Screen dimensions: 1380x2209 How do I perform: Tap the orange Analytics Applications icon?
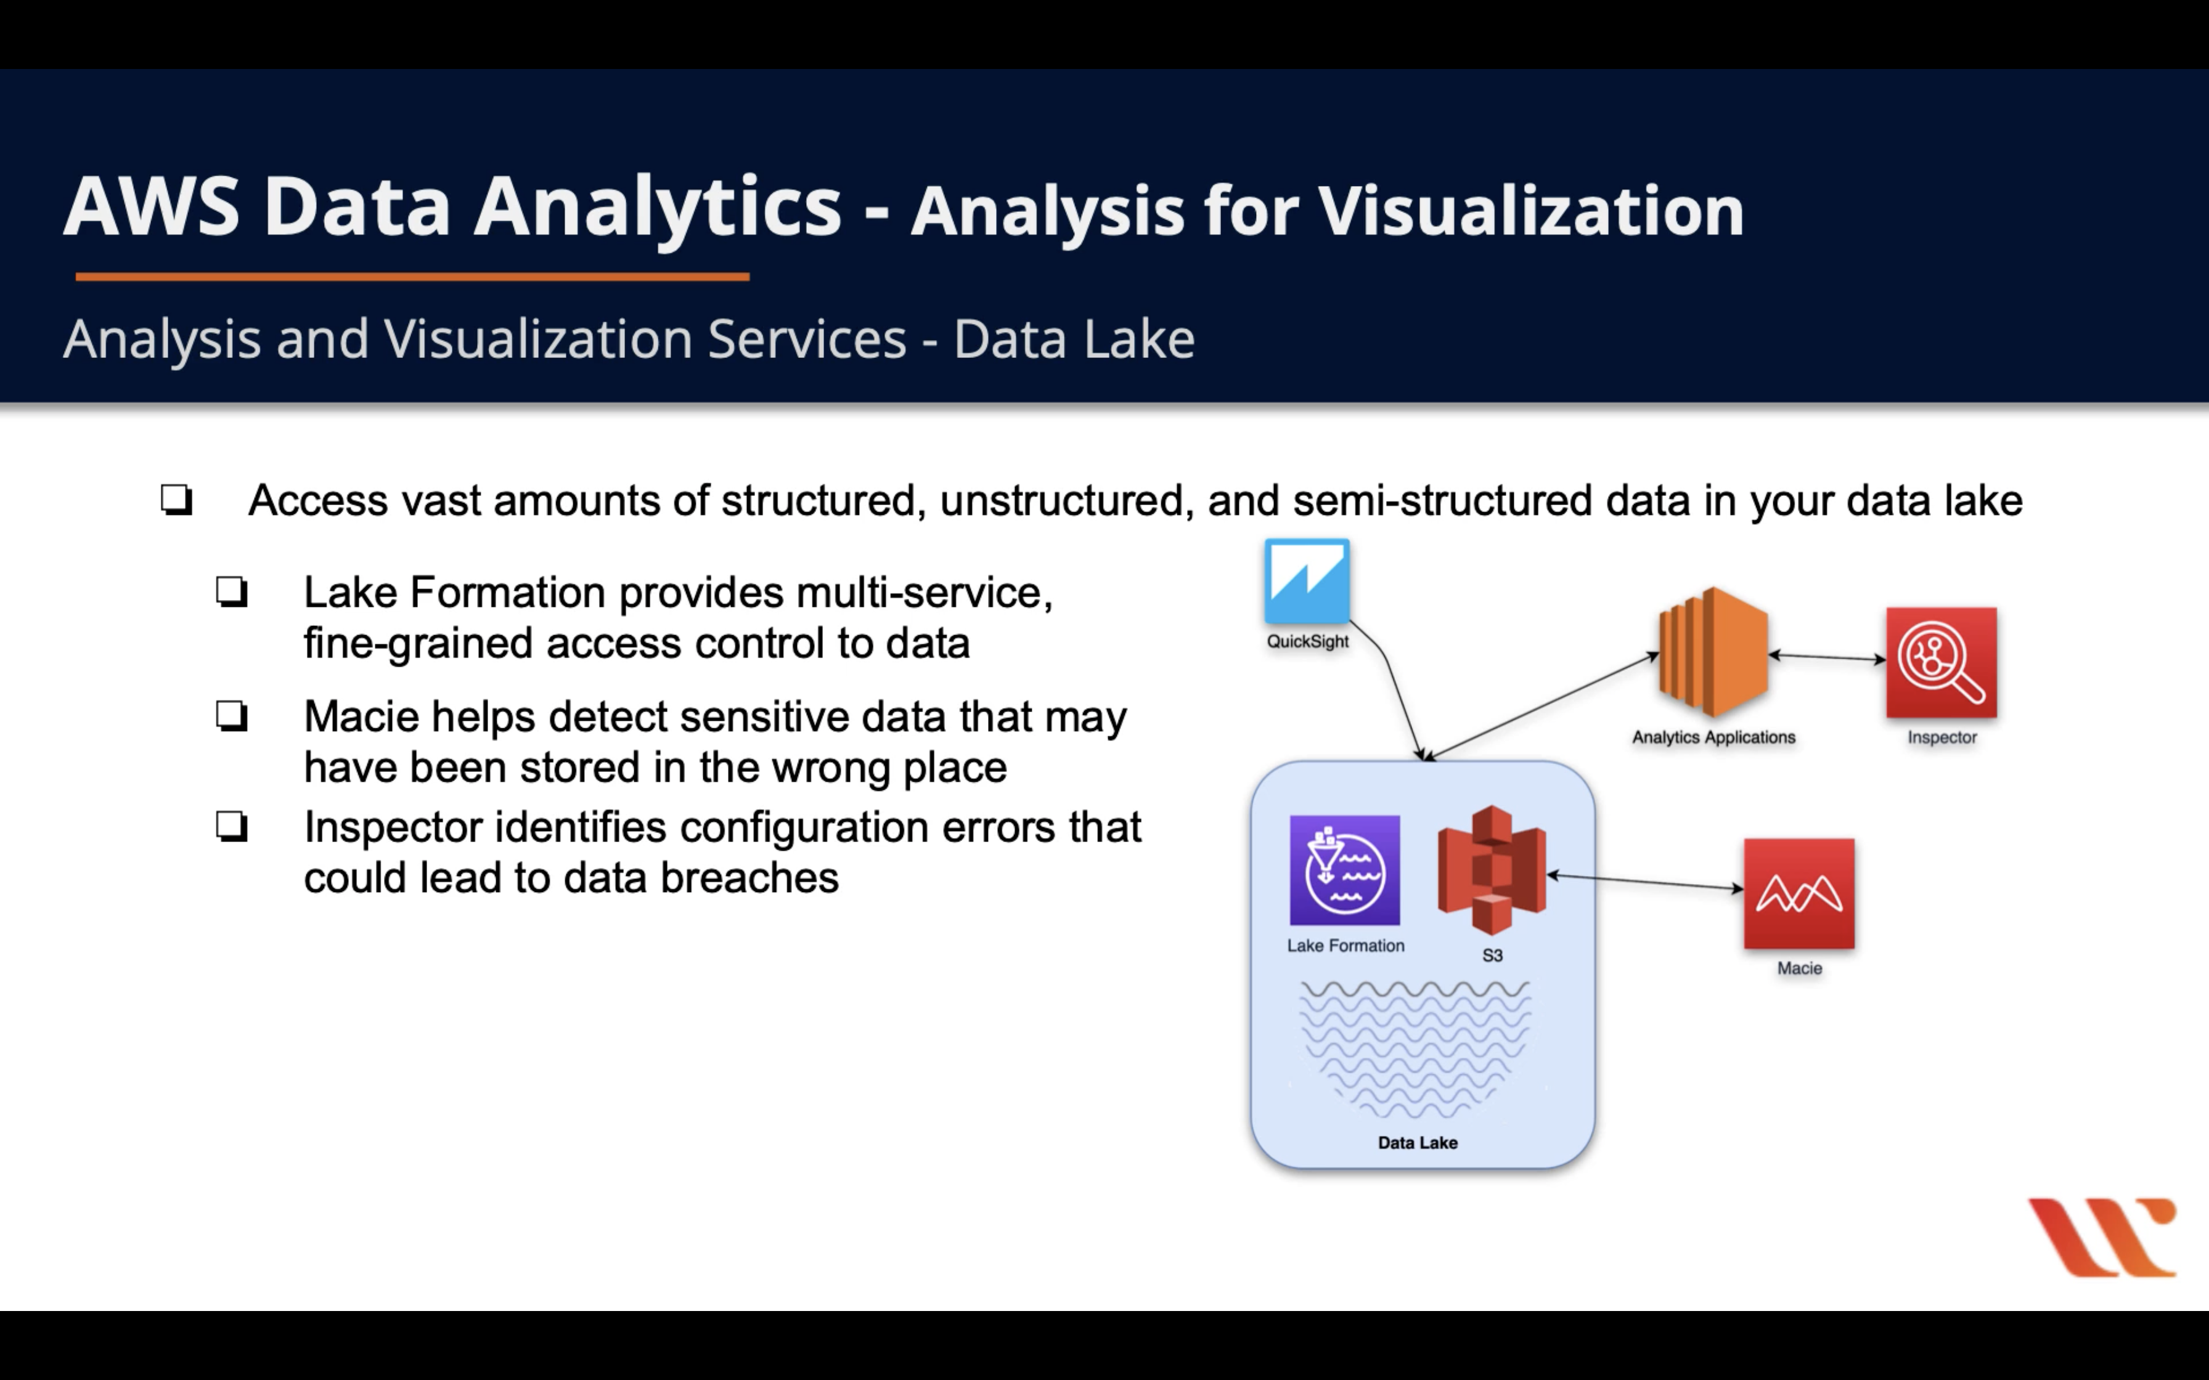coord(1713,652)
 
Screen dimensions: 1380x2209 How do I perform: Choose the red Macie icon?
coord(1799,893)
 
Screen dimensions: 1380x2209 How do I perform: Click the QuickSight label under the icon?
coord(1307,641)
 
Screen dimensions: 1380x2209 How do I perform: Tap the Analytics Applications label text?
coord(1713,737)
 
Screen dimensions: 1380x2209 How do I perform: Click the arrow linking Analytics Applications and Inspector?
coord(1826,656)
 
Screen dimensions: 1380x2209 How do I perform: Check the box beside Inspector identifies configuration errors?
coord(232,826)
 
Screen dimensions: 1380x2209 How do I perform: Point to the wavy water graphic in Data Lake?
coord(1415,1050)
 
